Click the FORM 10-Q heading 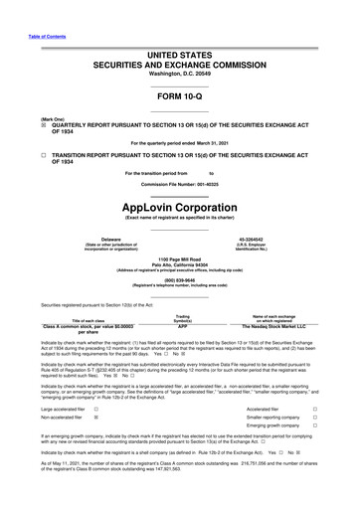coord(179,95)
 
